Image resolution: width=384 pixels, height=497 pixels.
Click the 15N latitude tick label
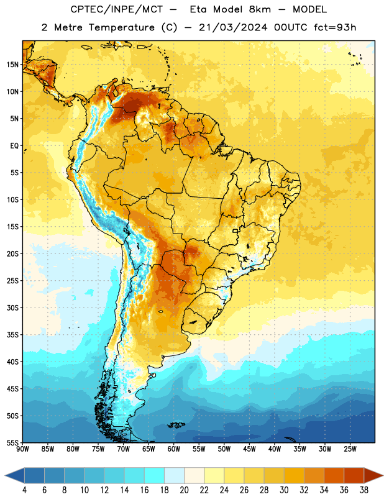(12, 65)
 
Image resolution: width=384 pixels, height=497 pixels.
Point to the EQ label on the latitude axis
(14, 146)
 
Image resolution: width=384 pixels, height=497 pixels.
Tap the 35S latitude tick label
(12, 335)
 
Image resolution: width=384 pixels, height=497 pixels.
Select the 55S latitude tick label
(12, 442)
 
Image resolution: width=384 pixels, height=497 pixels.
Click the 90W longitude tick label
(22, 449)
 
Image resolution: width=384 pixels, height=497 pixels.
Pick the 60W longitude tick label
(174, 449)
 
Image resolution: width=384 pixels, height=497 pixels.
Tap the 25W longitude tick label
(350, 449)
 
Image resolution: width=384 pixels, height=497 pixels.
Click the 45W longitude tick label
(249, 449)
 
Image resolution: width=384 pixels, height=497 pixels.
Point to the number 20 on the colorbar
(184, 490)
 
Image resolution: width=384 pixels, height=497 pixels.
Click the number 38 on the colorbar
(364, 490)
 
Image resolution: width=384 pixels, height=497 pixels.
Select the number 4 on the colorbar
(24, 490)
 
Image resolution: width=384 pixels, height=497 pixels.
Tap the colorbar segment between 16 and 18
(155, 475)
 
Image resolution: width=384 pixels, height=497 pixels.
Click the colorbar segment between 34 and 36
(334, 475)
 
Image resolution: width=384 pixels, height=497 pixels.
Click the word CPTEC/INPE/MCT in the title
(117, 9)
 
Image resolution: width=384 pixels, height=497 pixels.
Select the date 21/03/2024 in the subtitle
(233, 27)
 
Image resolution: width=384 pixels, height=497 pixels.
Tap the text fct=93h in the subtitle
(335, 27)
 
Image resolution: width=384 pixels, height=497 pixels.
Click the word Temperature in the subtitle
(121, 27)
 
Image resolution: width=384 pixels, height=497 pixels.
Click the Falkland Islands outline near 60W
(176, 425)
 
